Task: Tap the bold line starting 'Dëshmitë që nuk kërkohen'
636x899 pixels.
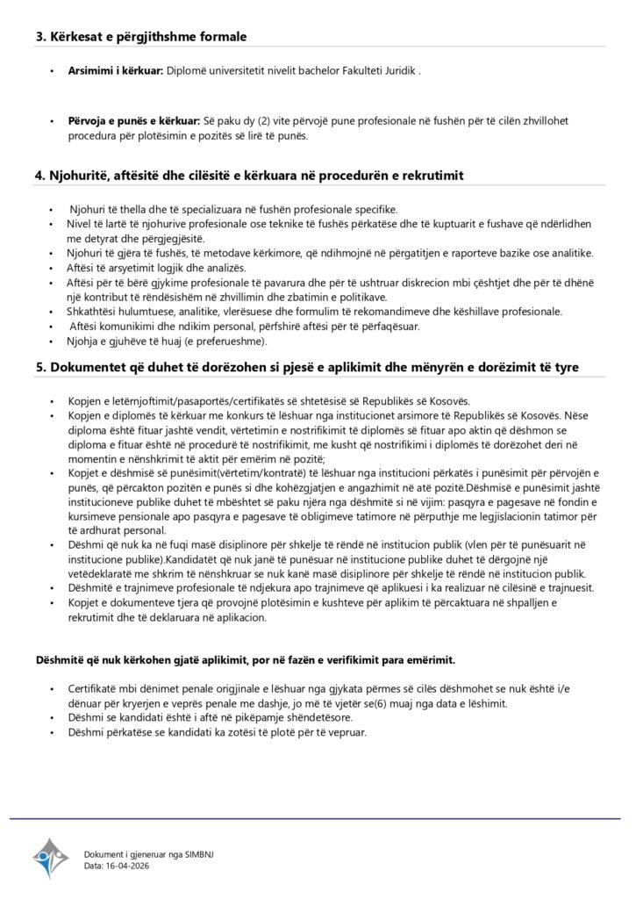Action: [x=245, y=658]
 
